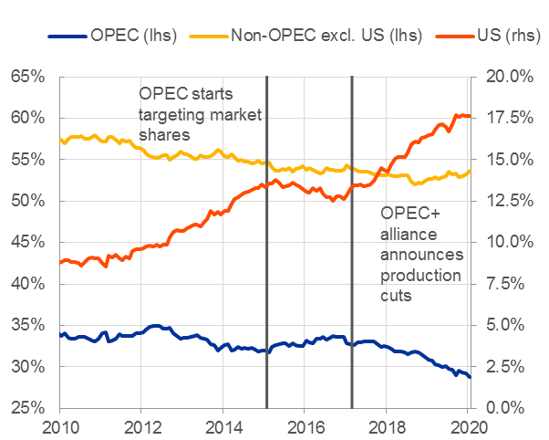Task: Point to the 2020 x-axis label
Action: pos(468,427)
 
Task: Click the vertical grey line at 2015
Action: pos(266,274)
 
